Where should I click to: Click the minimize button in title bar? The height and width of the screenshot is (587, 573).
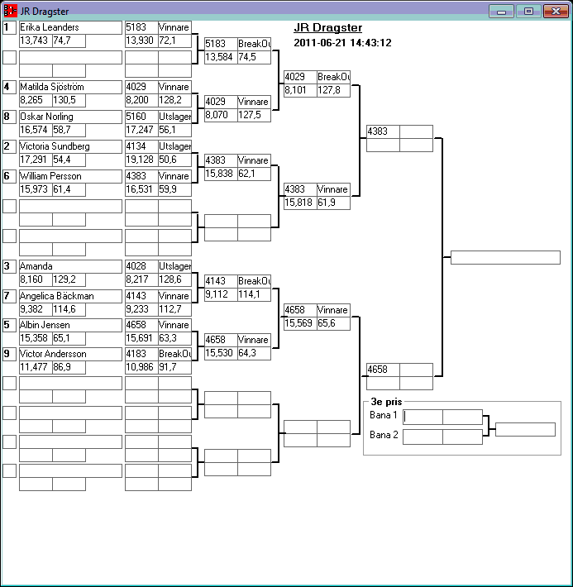(501, 11)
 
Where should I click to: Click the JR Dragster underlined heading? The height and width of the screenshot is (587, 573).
(327, 28)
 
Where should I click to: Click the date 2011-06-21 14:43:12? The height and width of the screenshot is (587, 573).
(342, 43)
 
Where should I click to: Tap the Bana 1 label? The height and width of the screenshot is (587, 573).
(384, 415)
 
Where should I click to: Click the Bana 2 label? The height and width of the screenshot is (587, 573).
(384, 435)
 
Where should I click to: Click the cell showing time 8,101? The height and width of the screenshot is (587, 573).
(299, 90)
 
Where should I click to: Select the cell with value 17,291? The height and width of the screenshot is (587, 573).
(35, 159)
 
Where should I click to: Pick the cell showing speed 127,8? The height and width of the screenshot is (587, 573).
(332, 90)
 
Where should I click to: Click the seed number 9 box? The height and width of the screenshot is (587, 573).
(9, 354)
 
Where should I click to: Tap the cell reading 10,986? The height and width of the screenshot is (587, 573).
(141, 367)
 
